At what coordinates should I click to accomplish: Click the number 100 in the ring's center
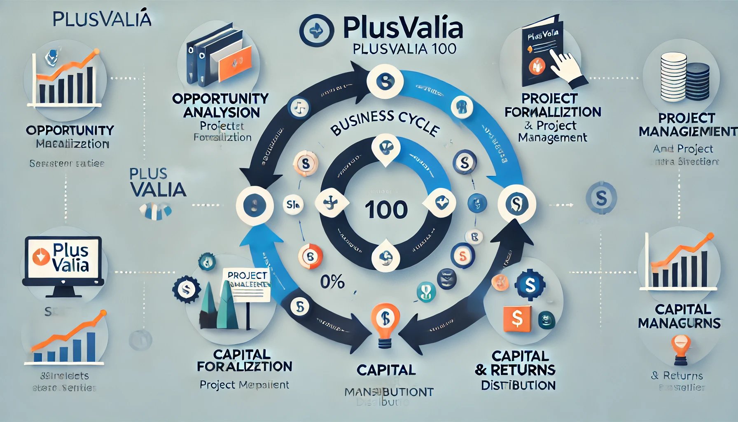(x=386, y=210)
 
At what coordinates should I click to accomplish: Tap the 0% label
(x=332, y=282)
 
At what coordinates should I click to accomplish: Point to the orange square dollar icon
(x=517, y=318)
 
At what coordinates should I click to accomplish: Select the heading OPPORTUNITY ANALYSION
(x=221, y=105)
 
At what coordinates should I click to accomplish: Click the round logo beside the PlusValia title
(x=316, y=31)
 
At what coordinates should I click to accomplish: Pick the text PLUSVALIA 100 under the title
(x=405, y=49)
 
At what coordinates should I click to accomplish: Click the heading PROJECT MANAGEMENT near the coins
(x=687, y=124)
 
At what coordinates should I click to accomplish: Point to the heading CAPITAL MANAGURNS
(x=680, y=316)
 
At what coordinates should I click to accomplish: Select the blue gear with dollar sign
(x=530, y=284)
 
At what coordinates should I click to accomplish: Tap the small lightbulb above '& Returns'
(x=680, y=348)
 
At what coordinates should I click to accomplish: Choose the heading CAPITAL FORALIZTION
(x=244, y=360)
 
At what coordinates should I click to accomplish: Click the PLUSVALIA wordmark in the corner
(x=102, y=19)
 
